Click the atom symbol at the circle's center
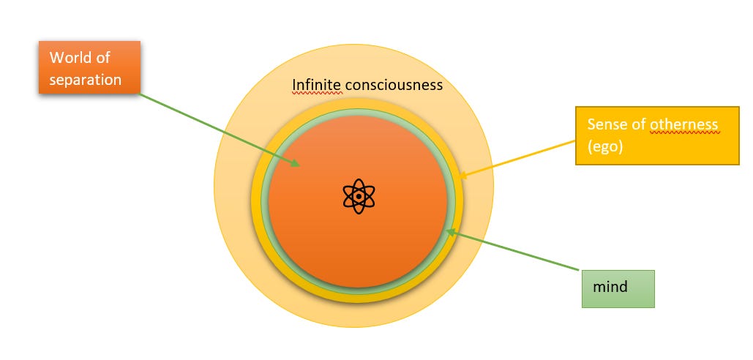[359, 196]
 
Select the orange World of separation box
[89, 68]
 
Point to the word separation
[85, 80]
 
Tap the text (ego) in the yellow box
[604, 147]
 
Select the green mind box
[618, 288]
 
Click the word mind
[611, 287]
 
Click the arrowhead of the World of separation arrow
[297, 165]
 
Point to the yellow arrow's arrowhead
[464, 175]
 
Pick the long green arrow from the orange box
[220, 130]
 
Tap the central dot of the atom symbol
[359, 196]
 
